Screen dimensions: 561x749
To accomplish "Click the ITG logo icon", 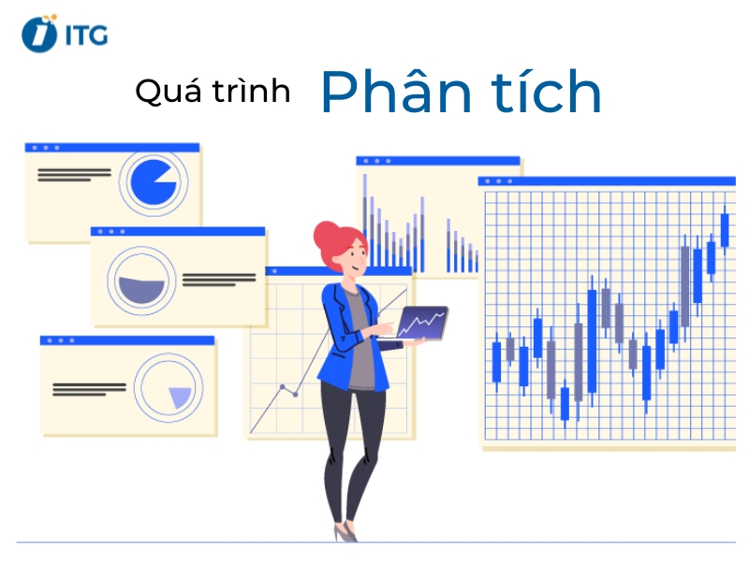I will pos(39,33).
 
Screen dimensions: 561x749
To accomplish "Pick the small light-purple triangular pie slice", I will pos(179,397).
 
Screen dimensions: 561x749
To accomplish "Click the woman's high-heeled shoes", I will pos(345,531).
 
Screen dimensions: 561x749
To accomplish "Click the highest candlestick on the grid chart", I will pos(724,229).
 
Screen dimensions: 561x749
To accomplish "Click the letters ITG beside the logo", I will pos(87,35).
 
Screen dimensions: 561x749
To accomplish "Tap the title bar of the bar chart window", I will pos(437,161).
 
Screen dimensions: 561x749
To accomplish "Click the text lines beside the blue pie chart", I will pos(74,174).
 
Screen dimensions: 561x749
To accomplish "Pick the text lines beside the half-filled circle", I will pos(219,279).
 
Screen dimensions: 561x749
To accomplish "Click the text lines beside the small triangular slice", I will pos(89,388).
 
